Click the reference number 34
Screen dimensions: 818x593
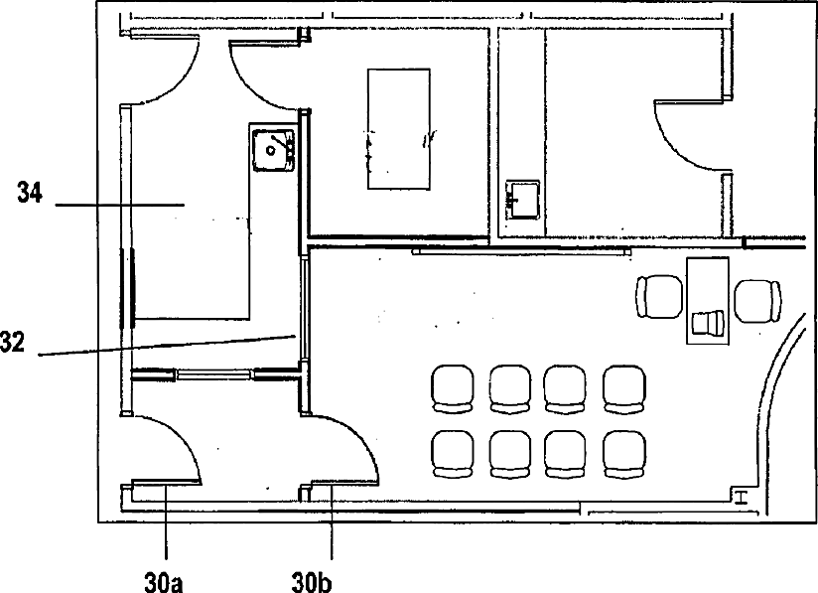click(x=29, y=192)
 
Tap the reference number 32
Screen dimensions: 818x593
click(x=12, y=343)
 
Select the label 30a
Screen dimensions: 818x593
click(x=163, y=582)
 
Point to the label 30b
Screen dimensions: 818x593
click(x=311, y=582)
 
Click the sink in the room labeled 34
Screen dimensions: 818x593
click(x=273, y=151)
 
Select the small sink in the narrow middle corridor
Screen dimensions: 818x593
click(x=522, y=200)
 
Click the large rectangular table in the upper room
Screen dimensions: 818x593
click(x=399, y=128)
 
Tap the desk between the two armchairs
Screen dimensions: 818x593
click(x=708, y=300)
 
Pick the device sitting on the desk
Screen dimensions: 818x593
click(x=708, y=322)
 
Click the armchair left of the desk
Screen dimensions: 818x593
click(x=659, y=296)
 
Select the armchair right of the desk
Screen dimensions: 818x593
click(x=758, y=301)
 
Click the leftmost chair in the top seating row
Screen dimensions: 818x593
click(x=453, y=389)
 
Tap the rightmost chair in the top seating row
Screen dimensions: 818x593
click(x=624, y=389)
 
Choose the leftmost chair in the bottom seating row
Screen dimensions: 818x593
click(x=453, y=454)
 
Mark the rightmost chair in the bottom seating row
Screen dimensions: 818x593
click(x=624, y=454)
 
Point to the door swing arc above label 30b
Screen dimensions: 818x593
click(x=360, y=436)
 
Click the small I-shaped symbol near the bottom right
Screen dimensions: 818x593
click(x=741, y=498)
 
